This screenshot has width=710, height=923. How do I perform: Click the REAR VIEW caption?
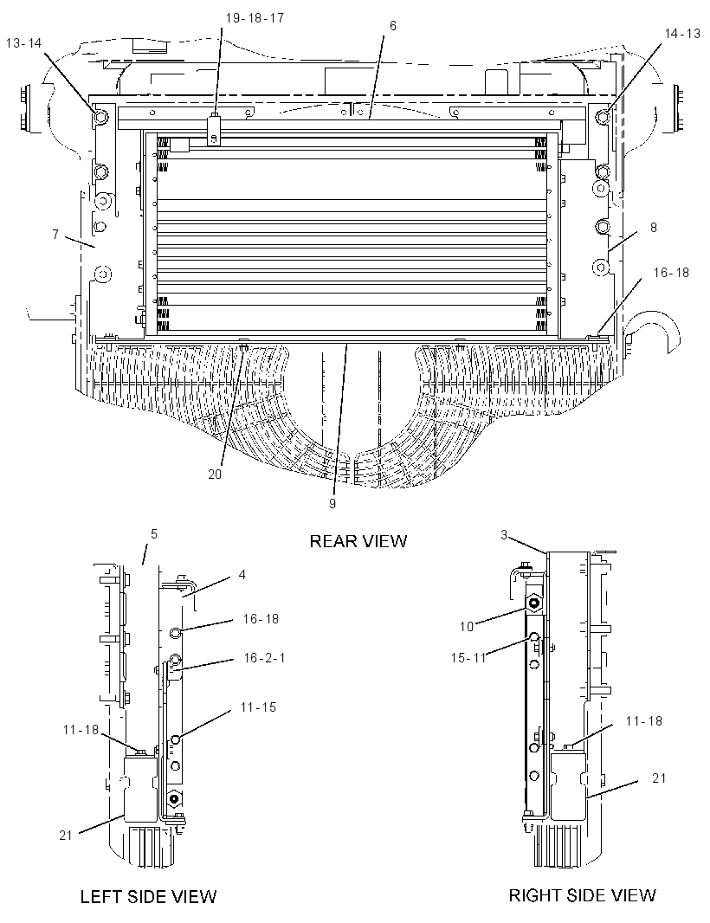358,540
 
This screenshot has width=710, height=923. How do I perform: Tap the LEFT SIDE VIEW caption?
148,896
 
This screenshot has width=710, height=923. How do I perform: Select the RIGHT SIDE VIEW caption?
582,895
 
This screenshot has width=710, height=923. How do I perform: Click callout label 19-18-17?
255,18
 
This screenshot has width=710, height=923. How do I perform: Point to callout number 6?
393,26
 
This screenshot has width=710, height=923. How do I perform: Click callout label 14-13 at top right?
682,34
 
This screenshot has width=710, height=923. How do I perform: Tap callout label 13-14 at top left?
23,43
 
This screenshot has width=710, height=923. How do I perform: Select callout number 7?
55,235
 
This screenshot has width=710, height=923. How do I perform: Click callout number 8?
653,227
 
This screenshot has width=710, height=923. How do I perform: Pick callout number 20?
215,474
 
